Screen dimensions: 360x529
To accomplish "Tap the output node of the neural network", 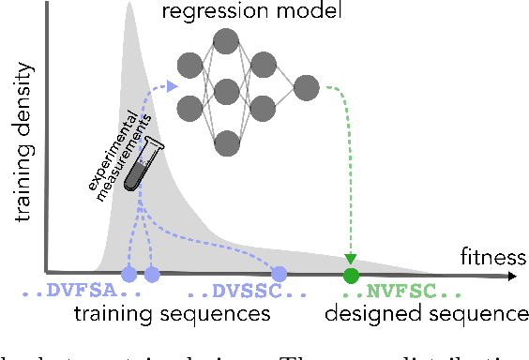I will (x=306, y=89).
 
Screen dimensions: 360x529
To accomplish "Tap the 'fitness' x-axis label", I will (x=488, y=255).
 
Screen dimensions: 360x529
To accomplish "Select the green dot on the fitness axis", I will (x=351, y=275).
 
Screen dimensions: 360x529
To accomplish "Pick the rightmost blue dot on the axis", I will (x=279, y=274).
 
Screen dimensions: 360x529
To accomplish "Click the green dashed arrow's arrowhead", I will (x=351, y=259).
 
